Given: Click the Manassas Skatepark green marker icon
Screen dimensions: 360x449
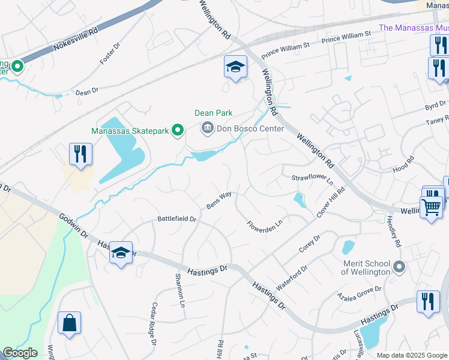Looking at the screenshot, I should point(178,130).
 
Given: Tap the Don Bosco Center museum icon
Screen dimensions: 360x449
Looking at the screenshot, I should point(207,127).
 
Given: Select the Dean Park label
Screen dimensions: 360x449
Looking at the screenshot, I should point(213,113).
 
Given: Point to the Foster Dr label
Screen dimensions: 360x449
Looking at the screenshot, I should point(110,55).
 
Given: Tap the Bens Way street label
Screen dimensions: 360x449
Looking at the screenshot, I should point(219,199).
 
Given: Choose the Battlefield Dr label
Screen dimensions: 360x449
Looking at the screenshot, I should point(177,219).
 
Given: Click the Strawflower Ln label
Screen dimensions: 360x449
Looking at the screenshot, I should point(312,179).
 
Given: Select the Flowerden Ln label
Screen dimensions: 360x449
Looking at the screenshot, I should point(265,225).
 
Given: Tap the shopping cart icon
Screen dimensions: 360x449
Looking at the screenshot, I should point(431,208).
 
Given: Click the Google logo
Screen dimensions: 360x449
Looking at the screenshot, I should point(20,352).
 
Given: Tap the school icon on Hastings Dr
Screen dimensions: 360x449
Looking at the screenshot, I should point(121,254).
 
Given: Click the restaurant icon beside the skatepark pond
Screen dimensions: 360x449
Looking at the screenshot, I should point(80,154).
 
